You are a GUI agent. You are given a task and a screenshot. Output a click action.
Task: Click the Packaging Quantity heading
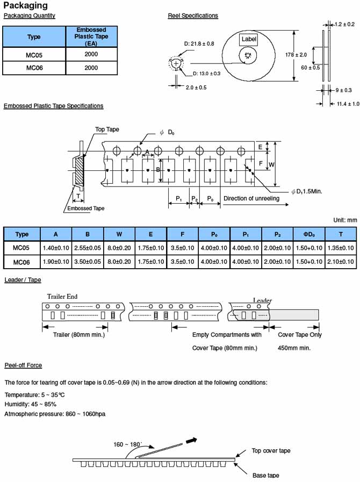(29, 16)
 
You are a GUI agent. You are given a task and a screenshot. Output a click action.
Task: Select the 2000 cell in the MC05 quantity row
(91, 54)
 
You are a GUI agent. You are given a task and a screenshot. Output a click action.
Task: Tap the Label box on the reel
(248, 39)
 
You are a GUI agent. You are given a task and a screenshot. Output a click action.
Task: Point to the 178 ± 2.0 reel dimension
(296, 55)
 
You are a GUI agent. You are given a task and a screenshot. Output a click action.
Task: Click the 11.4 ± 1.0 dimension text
(348, 104)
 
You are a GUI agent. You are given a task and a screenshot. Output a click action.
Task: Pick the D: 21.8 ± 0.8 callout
(199, 44)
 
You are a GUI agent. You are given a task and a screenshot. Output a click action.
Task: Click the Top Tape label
(107, 130)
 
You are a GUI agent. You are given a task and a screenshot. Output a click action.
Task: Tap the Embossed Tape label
(86, 208)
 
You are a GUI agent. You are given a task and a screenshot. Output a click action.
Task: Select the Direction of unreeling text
(251, 198)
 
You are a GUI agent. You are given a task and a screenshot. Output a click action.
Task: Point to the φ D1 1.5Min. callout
(306, 191)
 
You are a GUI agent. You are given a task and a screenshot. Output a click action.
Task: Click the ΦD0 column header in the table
(309, 234)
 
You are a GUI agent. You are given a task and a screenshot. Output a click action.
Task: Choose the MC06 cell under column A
(56, 262)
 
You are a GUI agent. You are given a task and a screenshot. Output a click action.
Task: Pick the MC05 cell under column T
(341, 248)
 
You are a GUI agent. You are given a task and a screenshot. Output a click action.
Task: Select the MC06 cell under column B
(88, 262)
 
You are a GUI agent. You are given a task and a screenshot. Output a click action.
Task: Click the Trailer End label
(62, 297)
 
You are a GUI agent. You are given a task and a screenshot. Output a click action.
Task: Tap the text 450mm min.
(294, 348)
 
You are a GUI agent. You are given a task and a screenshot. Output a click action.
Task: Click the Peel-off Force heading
(23, 365)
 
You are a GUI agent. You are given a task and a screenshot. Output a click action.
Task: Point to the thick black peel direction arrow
(191, 441)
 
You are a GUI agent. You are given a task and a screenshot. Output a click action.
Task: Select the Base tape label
(265, 475)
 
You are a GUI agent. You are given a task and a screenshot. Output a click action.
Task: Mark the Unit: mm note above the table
(345, 220)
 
